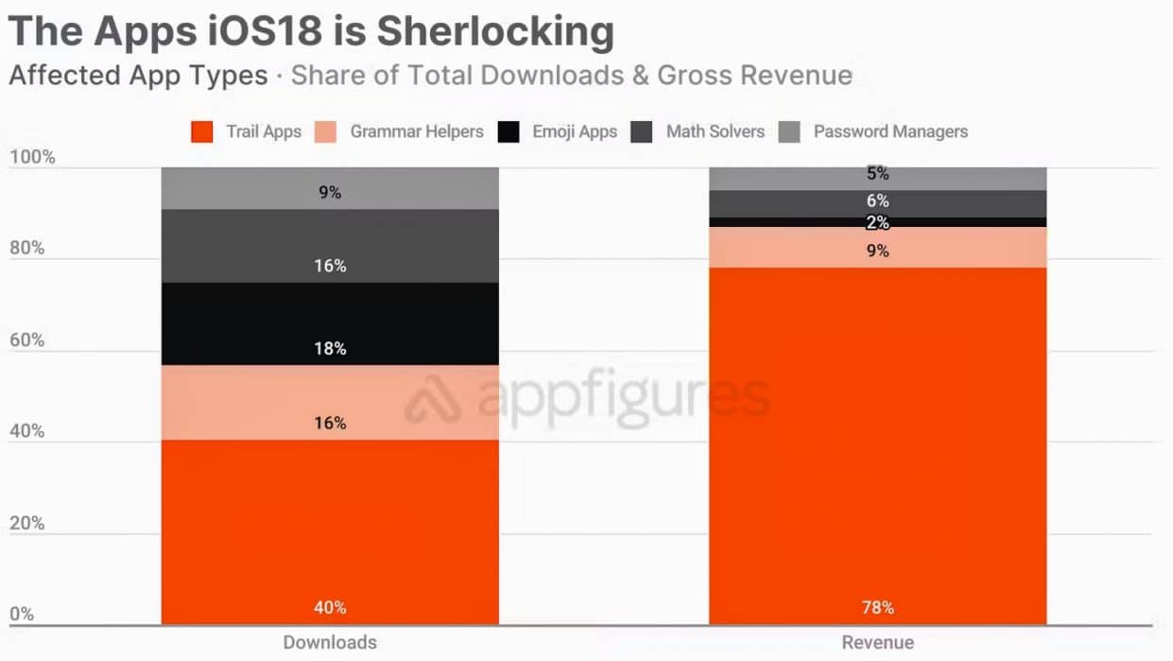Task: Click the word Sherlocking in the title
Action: pos(495,31)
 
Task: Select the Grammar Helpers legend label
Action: pos(417,131)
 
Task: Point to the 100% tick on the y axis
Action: pos(32,157)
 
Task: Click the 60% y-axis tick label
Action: pos(27,339)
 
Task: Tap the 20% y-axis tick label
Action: pos(27,523)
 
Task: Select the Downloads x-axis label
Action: pos(330,643)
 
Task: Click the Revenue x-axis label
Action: pos(878,643)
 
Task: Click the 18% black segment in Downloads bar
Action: pos(330,323)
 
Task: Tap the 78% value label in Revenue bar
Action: pos(878,607)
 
